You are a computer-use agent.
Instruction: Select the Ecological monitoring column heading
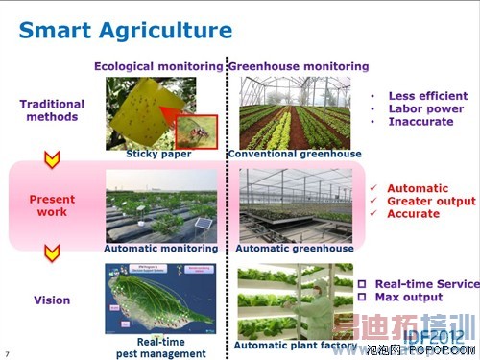coord(157,66)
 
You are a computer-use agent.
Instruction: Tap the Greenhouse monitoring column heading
coord(298,66)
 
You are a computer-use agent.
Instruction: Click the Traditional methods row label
coord(52,109)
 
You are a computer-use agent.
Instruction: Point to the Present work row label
coord(52,205)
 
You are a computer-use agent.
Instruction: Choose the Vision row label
coord(52,300)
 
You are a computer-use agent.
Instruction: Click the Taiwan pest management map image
coord(158,299)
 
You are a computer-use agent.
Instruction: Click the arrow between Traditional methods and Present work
coord(52,157)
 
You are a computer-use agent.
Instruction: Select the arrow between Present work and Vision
coord(52,252)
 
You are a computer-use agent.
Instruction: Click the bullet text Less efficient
coord(427,96)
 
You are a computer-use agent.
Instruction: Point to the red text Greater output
coord(431,202)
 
